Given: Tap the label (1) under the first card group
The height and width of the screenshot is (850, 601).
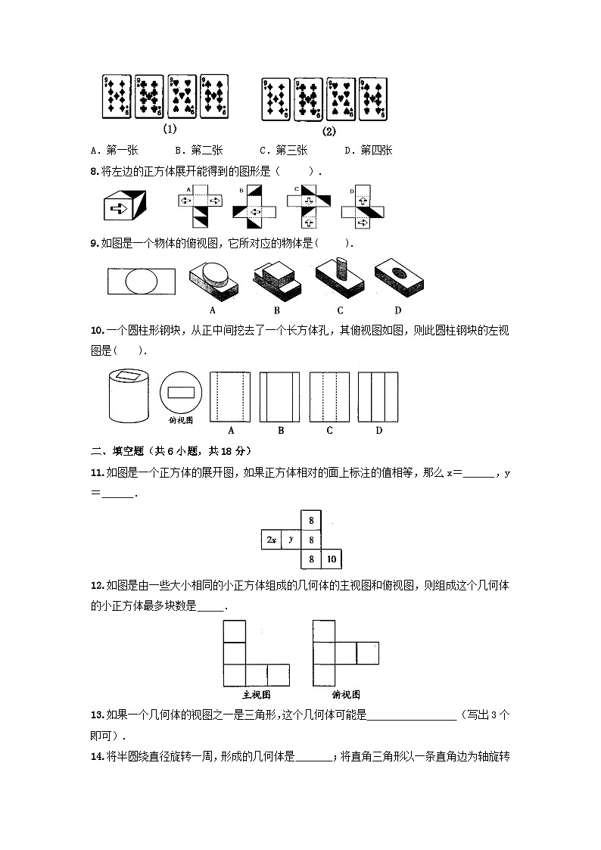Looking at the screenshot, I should pyautogui.click(x=170, y=129).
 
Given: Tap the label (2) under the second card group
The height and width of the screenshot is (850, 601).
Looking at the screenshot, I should pyautogui.click(x=329, y=130).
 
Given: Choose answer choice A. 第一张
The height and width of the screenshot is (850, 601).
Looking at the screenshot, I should pyautogui.click(x=111, y=150).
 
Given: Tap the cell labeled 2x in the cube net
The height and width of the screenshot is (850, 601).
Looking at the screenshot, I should pyautogui.click(x=270, y=540).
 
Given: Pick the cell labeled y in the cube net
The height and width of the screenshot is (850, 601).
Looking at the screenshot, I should pyautogui.click(x=291, y=540).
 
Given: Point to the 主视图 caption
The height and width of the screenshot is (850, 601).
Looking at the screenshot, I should pyautogui.click(x=257, y=694).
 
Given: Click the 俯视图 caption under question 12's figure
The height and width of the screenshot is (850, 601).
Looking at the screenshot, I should pyautogui.click(x=346, y=694).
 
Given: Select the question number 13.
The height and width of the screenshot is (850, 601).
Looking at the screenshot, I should pyautogui.click(x=96, y=715).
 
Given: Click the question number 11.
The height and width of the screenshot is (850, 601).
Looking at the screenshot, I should pyautogui.click(x=96, y=473).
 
